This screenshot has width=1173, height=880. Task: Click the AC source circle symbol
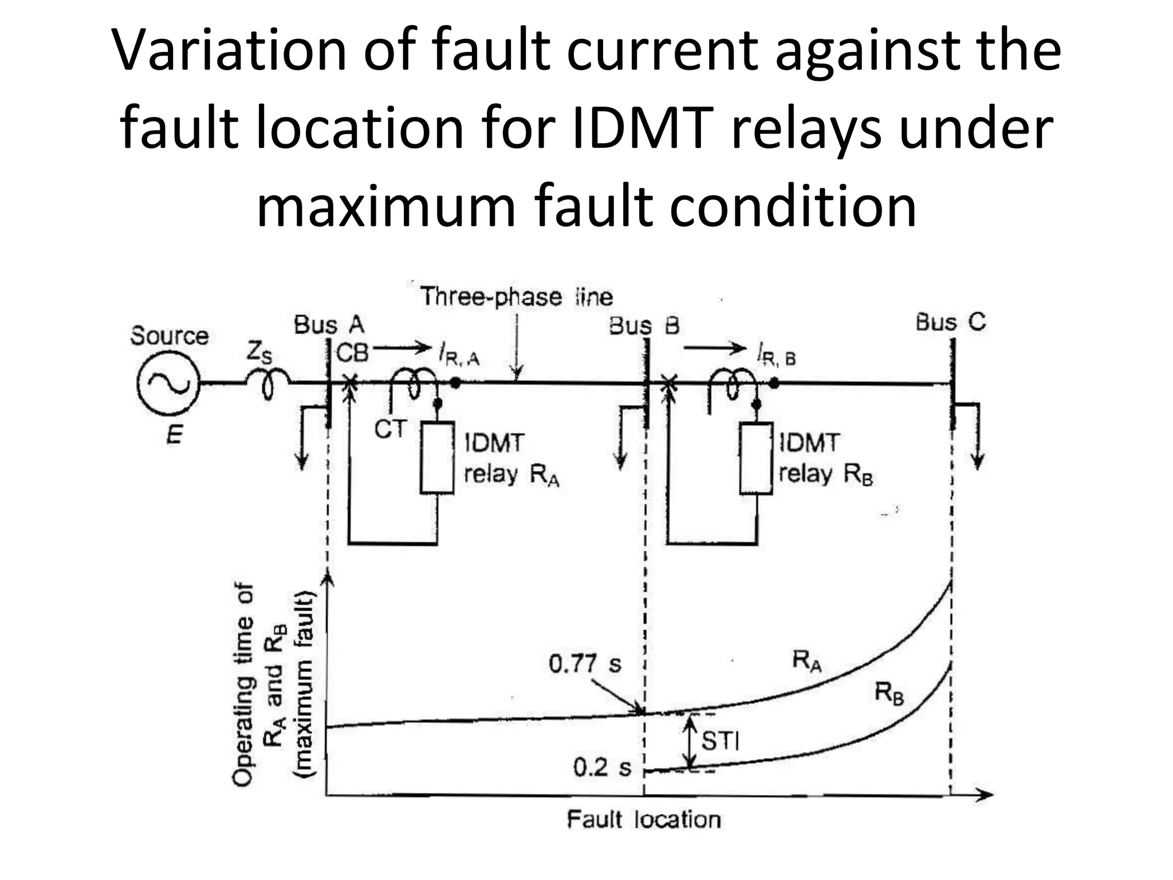[168, 384]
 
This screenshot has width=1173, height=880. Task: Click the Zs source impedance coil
[267, 383]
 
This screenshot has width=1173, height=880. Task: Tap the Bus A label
[329, 325]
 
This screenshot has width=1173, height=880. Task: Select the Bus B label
[644, 326]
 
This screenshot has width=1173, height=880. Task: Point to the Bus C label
[950, 322]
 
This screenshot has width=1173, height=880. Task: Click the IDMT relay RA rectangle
[437, 457]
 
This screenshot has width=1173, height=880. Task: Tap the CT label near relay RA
[390, 429]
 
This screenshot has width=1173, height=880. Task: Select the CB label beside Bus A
[352, 353]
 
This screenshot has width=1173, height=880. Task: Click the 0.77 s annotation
[584, 664]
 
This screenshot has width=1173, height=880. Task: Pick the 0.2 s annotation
[601, 768]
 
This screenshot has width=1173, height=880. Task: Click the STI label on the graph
[720, 741]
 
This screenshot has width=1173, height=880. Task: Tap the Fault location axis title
[643, 820]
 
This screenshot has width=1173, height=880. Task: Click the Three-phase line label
[516, 297]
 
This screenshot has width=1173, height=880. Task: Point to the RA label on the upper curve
[807, 661]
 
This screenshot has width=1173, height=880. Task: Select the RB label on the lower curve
[888, 694]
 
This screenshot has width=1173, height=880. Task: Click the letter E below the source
[174, 437]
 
